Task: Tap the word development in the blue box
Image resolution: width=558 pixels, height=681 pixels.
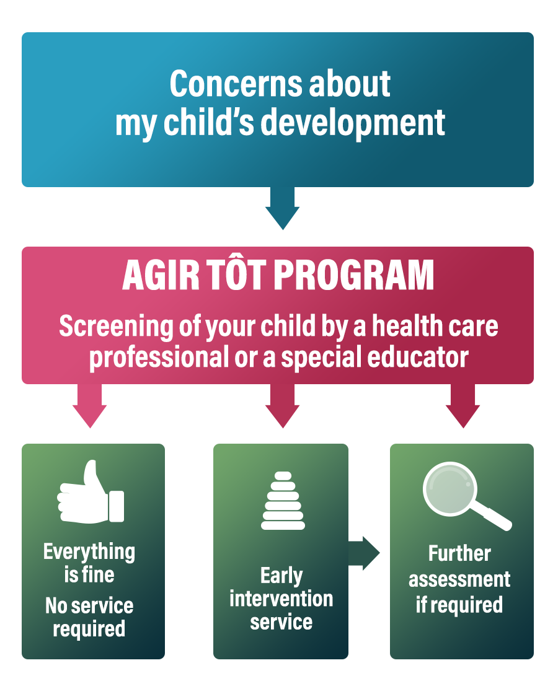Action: (353, 122)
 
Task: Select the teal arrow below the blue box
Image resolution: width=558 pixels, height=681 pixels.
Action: (283, 208)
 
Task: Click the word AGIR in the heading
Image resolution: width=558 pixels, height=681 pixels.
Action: (161, 275)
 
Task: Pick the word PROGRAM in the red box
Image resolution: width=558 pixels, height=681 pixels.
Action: (354, 275)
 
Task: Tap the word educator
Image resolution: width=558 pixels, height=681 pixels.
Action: (418, 357)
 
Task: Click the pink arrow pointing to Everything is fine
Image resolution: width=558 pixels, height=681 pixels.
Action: (89, 406)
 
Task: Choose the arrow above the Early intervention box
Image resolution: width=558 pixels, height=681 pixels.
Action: (283, 406)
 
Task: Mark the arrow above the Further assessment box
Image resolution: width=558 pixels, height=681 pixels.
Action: (463, 406)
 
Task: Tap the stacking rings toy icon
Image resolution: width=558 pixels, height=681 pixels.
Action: (283, 501)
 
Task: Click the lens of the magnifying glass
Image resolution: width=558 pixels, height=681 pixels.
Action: (449, 488)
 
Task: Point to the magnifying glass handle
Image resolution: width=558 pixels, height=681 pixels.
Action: (492, 515)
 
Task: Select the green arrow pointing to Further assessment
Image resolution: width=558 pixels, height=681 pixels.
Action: (364, 553)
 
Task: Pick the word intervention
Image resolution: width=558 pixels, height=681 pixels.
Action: (281, 599)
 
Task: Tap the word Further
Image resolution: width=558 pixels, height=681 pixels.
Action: (460, 553)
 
